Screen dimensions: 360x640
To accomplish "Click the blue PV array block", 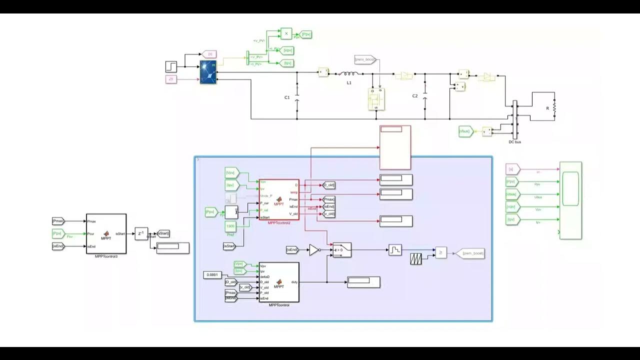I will (x=208, y=72).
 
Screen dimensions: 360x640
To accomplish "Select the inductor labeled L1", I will (x=348, y=75).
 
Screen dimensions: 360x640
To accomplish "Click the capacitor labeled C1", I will (x=297, y=97).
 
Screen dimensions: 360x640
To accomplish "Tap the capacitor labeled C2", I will (x=425, y=95).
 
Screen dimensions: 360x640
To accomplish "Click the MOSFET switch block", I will (x=376, y=100).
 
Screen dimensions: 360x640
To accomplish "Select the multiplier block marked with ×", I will (x=286, y=33).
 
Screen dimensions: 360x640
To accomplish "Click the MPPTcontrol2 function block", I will (x=279, y=199).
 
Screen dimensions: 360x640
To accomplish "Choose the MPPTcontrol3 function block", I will (x=106, y=233).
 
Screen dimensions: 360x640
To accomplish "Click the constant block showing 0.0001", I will (x=213, y=275).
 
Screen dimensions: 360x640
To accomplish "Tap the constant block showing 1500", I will (x=230, y=226).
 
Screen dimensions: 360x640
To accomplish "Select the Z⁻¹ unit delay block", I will (x=141, y=233).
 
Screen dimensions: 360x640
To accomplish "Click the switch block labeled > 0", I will (x=342, y=249).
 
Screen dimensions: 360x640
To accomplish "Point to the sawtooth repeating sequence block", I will (x=415, y=258).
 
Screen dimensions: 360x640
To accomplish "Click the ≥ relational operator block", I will (x=440, y=253).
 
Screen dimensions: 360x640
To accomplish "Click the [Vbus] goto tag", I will (x=465, y=131).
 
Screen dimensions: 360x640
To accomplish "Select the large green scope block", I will (x=570, y=200).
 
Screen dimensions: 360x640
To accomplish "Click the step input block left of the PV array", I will (x=171, y=66).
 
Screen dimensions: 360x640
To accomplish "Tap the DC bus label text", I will (x=515, y=142).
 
